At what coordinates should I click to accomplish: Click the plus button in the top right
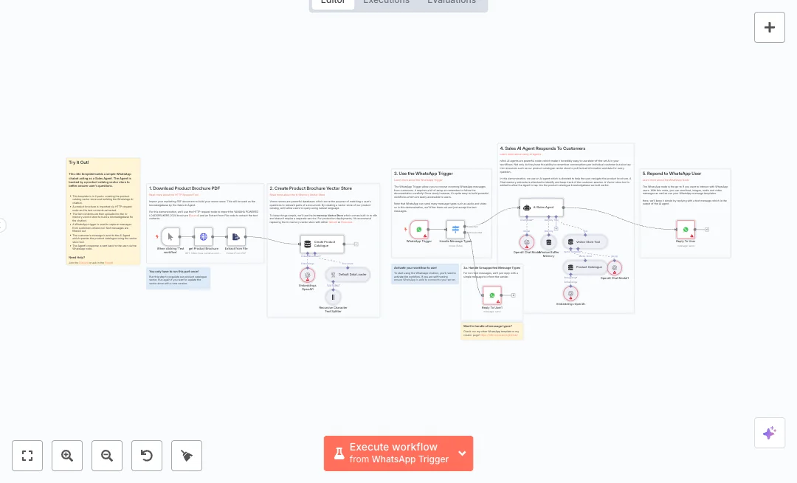click(769, 27)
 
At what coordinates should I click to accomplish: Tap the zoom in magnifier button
click(67, 456)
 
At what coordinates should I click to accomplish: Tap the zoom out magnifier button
click(107, 456)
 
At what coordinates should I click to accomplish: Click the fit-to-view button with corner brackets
click(27, 456)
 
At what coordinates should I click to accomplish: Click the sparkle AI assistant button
click(769, 433)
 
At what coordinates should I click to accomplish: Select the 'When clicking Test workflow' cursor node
click(170, 236)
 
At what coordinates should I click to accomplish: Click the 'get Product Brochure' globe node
click(204, 236)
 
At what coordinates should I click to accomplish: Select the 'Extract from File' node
click(236, 236)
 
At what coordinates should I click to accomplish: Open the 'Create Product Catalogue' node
click(322, 244)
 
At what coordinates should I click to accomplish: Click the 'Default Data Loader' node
click(348, 274)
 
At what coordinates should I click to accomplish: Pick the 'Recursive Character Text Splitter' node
click(333, 297)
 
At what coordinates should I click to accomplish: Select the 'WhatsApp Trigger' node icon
click(419, 229)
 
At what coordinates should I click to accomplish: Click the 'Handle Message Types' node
click(455, 229)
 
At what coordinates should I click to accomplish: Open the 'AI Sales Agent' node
click(541, 208)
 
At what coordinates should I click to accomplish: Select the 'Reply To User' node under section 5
click(686, 229)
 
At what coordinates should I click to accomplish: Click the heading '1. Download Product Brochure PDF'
click(184, 188)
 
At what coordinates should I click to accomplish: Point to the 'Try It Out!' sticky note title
click(79, 162)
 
